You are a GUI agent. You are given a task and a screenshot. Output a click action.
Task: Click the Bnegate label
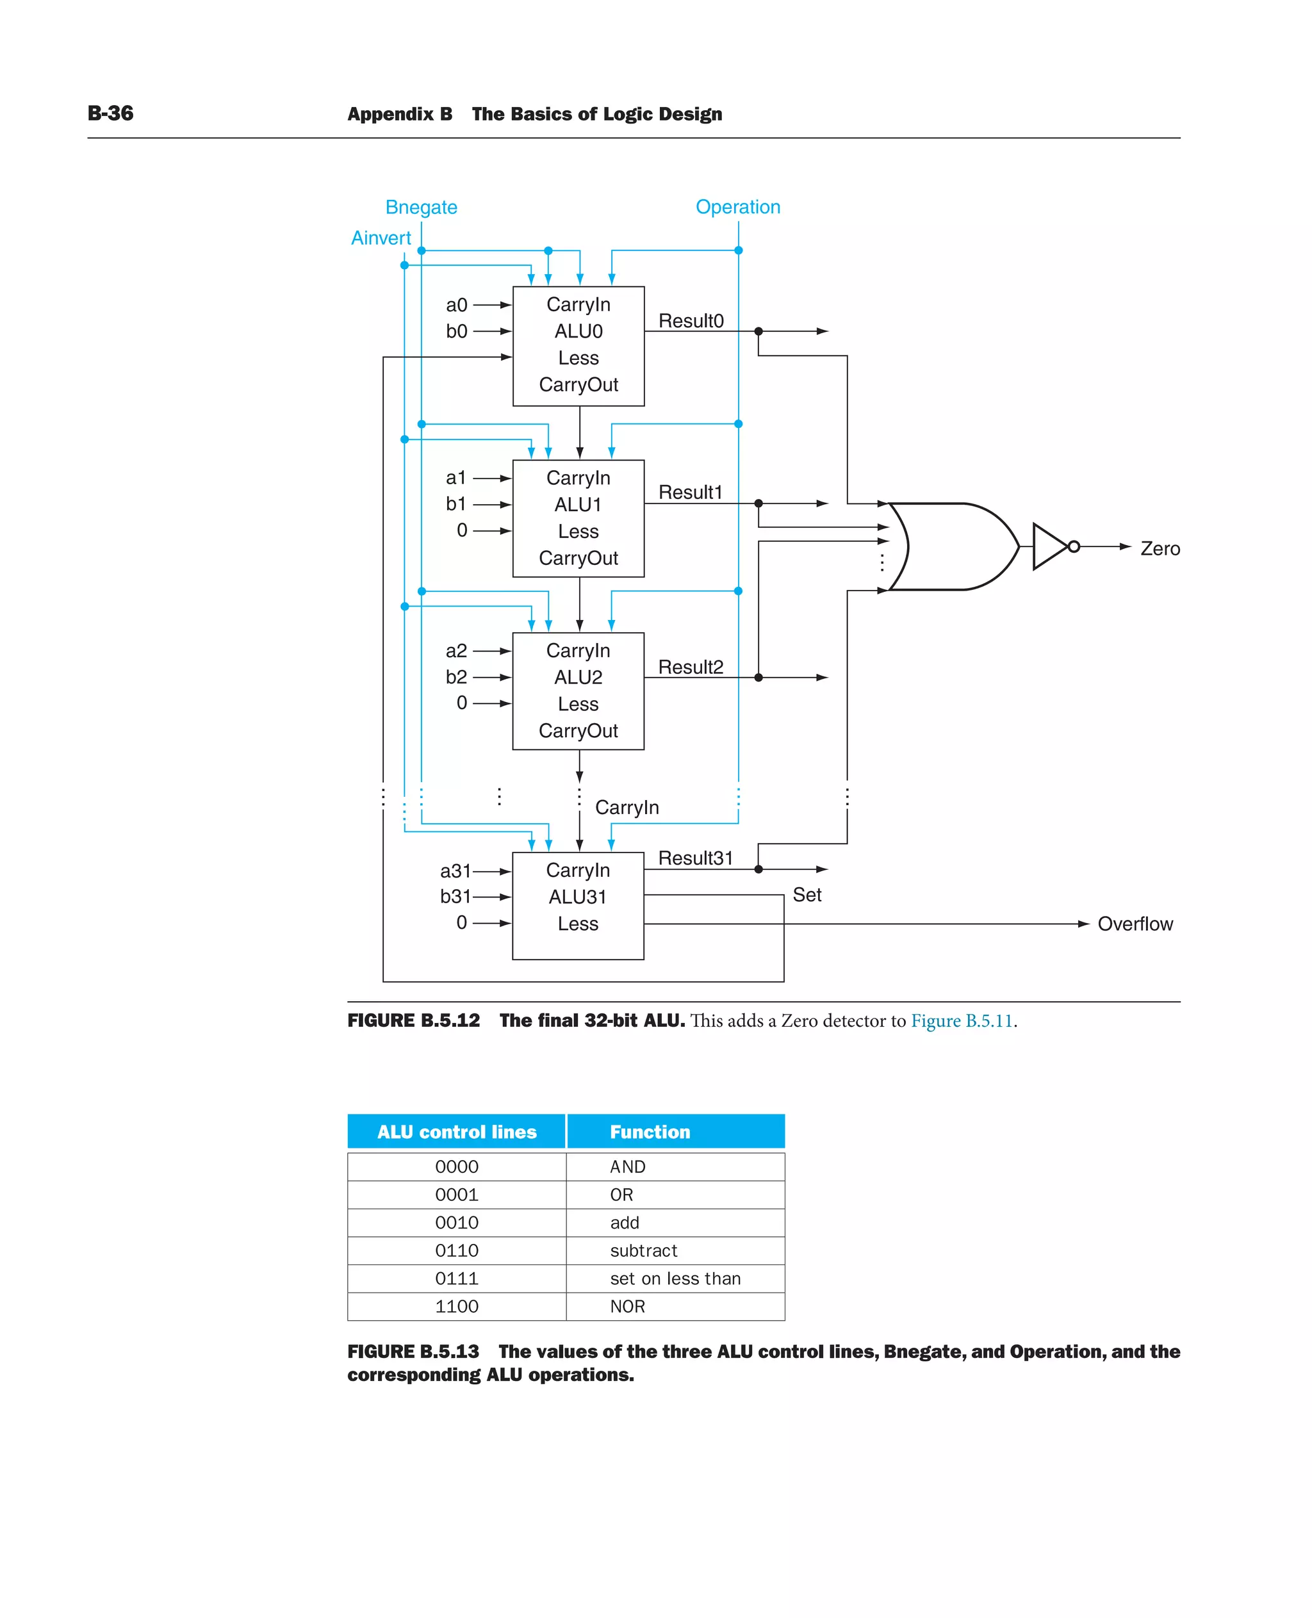421,207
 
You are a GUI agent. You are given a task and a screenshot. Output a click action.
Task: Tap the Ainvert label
381,238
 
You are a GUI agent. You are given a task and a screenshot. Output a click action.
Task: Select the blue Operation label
737,207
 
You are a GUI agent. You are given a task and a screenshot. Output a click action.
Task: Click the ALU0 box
578,345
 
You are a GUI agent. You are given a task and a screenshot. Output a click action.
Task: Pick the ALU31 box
577,905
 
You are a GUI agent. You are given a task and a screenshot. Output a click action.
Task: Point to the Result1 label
690,493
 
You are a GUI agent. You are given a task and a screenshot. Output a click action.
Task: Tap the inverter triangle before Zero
1048,546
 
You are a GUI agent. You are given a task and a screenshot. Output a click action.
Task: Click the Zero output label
1160,549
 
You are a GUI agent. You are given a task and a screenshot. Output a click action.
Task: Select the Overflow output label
1135,924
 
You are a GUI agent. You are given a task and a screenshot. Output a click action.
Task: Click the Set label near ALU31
807,895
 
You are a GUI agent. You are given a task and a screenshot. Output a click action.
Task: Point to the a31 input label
455,870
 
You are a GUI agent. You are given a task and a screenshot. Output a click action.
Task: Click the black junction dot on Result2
758,677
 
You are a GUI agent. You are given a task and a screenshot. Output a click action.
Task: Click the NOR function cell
627,1306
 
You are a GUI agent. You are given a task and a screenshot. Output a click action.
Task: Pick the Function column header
650,1131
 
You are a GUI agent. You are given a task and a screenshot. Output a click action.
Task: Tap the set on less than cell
675,1278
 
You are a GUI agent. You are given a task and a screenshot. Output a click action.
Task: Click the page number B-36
110,113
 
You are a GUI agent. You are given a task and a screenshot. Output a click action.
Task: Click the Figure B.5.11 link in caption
962,1020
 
